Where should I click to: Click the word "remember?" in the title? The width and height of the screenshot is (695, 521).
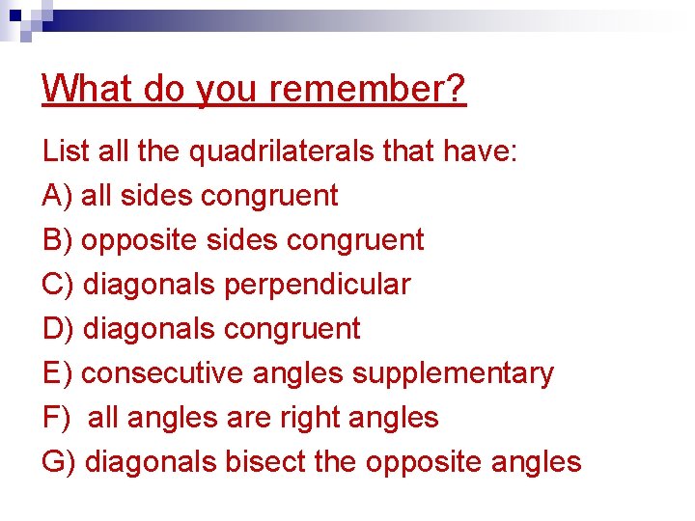[368, 90]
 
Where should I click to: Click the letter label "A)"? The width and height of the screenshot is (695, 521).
[58, 196]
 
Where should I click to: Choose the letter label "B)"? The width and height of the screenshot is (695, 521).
[58, 240]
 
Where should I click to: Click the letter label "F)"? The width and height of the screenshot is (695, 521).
[56, 418]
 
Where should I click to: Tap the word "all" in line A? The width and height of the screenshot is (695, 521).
[95, 196]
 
